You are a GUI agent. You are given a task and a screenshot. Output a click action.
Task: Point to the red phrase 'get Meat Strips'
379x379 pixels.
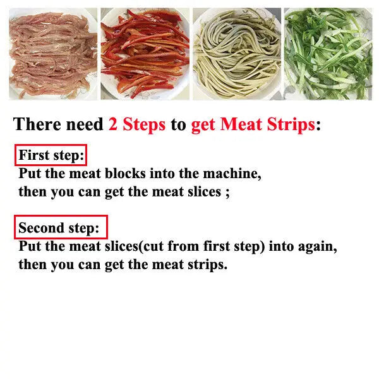[253, 124]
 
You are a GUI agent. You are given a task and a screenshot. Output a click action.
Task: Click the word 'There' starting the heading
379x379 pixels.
[37, 124]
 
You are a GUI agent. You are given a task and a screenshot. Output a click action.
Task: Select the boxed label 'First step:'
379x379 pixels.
[51, 155]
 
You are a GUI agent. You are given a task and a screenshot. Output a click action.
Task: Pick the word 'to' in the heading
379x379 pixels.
[178, 125]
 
